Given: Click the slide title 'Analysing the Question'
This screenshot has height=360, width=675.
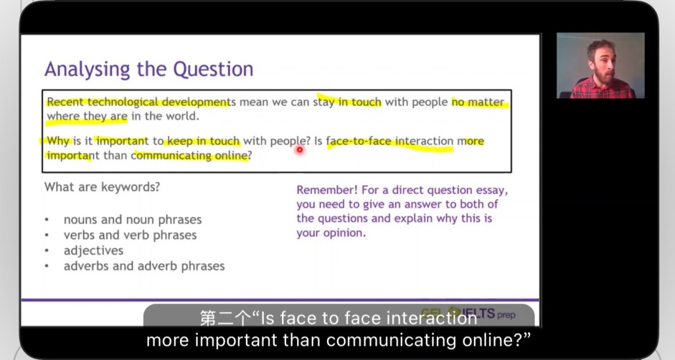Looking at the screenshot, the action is pos(149,69).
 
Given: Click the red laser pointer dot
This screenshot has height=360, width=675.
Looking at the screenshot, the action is pos(300,150).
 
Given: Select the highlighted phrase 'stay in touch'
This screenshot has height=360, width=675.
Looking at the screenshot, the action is pos(347,102).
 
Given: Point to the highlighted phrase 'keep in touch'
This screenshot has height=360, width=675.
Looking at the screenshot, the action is pos(203,141).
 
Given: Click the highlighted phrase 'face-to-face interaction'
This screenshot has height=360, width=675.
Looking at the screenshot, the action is pos(390,141).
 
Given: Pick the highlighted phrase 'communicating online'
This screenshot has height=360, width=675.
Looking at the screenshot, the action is pos(190,156).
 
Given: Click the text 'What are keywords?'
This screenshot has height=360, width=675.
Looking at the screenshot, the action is pos(102,187).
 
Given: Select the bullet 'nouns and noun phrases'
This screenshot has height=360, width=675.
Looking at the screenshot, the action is pos(132,220).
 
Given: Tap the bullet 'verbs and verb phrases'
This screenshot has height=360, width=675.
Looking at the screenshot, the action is pos(130,235).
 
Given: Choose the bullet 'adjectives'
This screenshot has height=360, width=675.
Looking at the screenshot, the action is pos(94,251).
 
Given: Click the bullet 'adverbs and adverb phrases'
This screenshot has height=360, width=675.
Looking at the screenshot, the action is pos(144,266).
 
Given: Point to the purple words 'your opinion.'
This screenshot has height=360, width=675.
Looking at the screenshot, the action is pos(331,233).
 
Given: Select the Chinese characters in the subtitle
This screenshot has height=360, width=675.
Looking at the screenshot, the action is pos(225,318).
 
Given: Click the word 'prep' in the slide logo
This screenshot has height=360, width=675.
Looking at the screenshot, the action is pos(506,315).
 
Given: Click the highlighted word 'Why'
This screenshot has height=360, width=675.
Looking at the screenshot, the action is pos(58,141).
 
